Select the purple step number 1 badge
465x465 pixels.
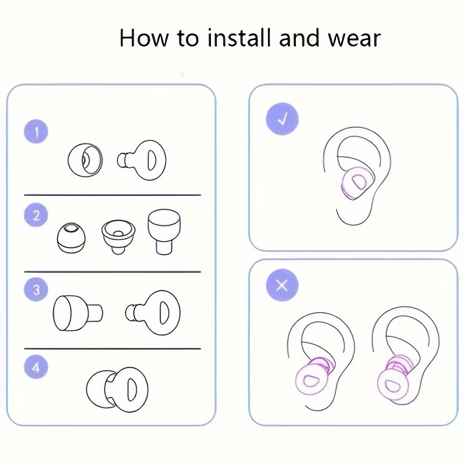(37, 131)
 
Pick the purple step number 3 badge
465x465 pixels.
(37, 289)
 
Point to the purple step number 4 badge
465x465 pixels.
(37, 367)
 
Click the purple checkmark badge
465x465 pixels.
(282, 120)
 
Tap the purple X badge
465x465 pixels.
(282, 285)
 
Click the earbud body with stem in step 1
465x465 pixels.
(142, 158)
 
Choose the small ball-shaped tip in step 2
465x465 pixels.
(71, 236)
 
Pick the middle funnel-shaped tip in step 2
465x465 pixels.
(119, 235)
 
